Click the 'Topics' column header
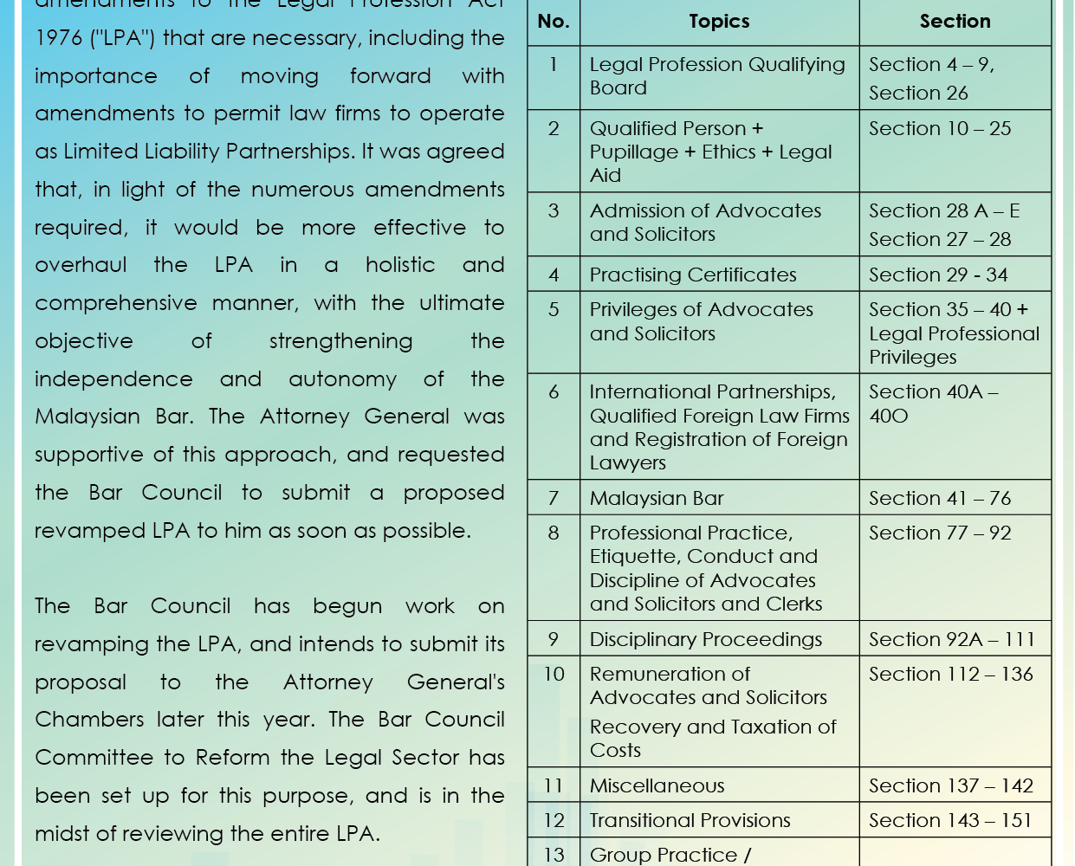click(719, 22)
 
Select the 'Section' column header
click(955, 22)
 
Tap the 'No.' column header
click(554, 22)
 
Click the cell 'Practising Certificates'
click(693, 275)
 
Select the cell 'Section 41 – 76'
click(940, 498)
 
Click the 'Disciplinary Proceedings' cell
click(706, 639)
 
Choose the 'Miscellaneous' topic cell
click(657, 785)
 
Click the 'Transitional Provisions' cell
click(690, 820)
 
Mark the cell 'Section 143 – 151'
click(950, 820)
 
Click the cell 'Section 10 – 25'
click(940, 128)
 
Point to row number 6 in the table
click(554, 391)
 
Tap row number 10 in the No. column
click(554, 674)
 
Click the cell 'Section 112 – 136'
click(951, 674)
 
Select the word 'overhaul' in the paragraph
click(81, 265)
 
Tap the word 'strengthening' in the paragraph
click(340, 341)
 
